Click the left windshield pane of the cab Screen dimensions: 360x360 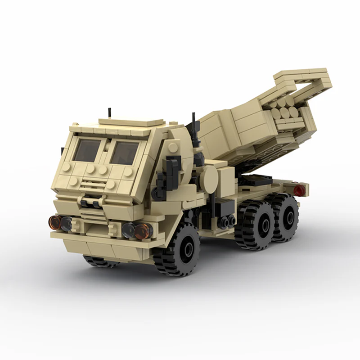coord(88,150)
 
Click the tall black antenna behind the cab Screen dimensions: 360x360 coord(193,124)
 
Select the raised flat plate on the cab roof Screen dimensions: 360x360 coord(130,122)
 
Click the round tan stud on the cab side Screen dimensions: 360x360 coord(173,147)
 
